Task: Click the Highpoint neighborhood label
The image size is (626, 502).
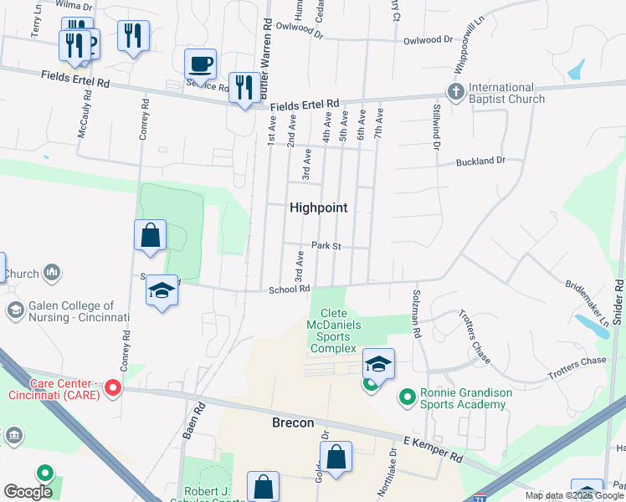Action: tap(318, 207)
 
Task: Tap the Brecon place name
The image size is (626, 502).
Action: tap(293, 423)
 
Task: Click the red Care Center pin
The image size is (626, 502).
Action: tap(113, 388)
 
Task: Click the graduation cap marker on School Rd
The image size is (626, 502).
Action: tap(162, 292)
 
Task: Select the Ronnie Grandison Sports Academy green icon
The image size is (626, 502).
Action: tap(407, 395)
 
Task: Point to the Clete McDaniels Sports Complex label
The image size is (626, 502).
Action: tap(334, 331)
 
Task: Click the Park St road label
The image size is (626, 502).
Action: tap(326, 246)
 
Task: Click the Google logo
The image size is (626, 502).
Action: tap(28, 492)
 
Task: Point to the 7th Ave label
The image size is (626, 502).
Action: tap(379, 123)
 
